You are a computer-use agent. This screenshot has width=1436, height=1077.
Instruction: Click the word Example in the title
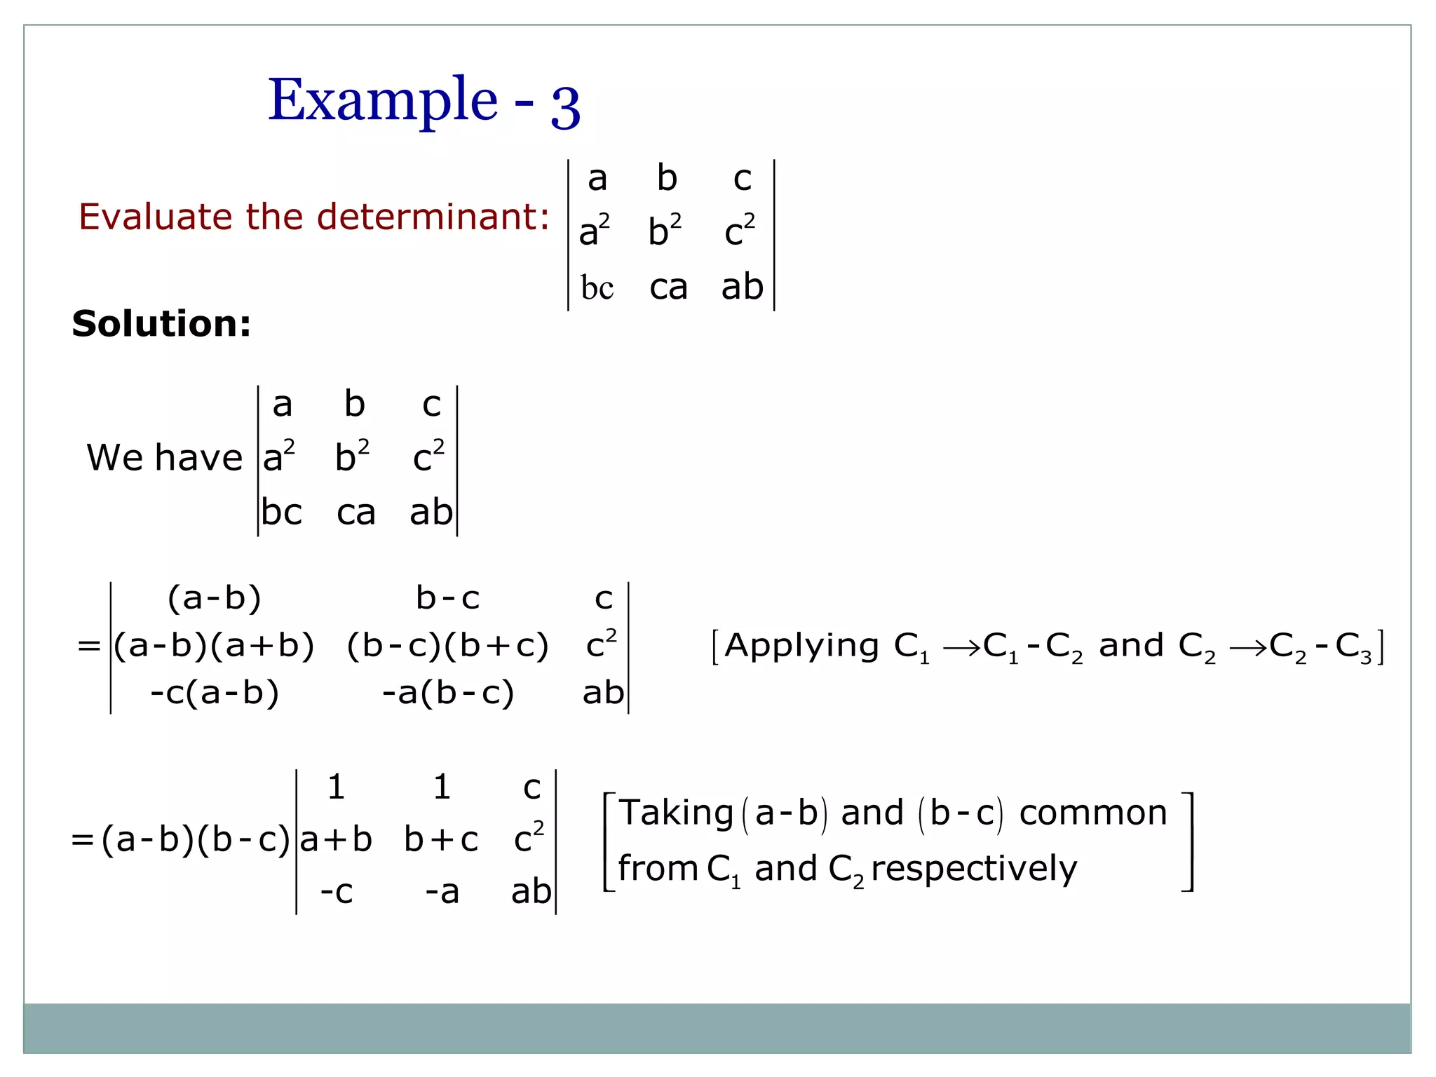click(383, 100)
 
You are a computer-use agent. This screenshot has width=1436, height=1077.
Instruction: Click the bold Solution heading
click(161, 324)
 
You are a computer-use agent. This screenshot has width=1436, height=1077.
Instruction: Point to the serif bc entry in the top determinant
click(597, 287)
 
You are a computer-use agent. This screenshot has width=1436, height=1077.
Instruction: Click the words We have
click(164, 458)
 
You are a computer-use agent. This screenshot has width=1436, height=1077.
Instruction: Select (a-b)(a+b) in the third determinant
click(214, 646)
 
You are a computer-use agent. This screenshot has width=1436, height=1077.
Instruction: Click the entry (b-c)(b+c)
click(447, 646)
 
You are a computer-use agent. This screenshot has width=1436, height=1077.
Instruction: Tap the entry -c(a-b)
click(215, 693)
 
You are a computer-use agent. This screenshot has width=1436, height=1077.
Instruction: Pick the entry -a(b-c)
click(448, 693)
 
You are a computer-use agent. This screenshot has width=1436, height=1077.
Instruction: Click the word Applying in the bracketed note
click(802, 646)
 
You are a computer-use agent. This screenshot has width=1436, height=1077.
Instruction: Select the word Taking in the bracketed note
click(676, 813)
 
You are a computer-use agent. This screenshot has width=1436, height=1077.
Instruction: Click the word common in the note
click(1093, 813)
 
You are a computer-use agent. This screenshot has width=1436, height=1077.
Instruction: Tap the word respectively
click(974, 869)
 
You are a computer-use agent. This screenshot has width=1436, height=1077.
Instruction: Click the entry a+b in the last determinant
click(336, 840)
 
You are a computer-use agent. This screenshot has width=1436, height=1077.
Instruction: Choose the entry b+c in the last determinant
click(441, 840)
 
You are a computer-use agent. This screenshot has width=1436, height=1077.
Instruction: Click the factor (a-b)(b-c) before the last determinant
click(196, 840)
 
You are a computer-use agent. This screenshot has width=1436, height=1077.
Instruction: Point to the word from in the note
click(658, 869)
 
